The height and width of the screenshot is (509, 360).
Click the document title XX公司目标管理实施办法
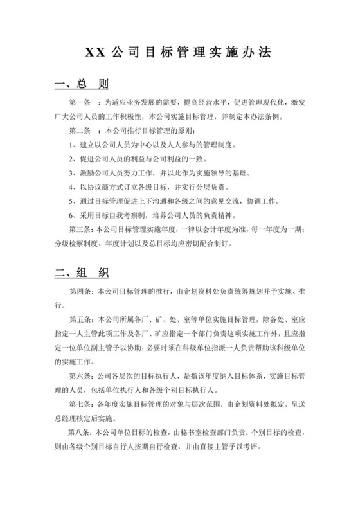pyautogui.click(x=180, y=53)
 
